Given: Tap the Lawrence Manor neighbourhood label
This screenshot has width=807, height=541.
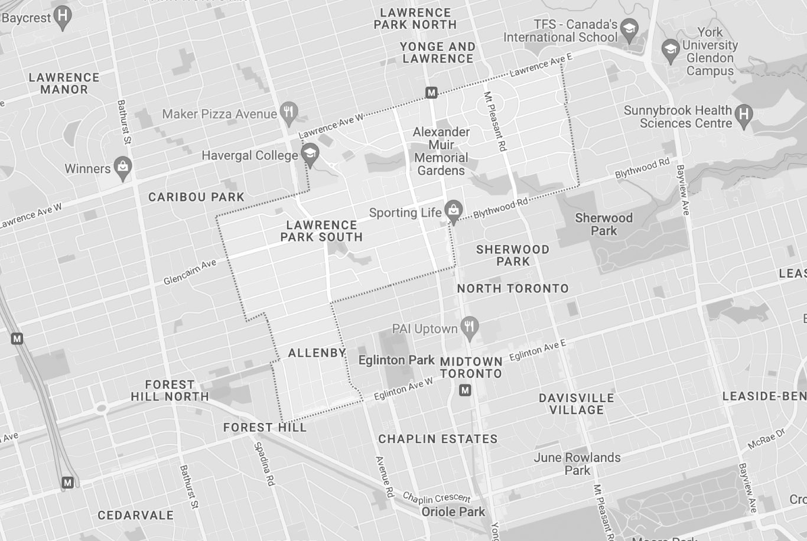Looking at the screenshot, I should point(64,83).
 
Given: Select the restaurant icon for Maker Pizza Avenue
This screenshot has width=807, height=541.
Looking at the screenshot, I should point(289,113).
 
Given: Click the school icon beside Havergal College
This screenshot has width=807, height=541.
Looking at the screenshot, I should point(310,155).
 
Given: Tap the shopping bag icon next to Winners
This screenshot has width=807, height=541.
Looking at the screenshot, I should point(123,168).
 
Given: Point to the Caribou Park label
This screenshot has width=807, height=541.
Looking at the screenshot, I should point(196,197).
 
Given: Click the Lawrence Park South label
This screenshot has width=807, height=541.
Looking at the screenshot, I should point(321,231).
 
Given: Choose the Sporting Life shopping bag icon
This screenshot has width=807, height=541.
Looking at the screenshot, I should point(454,211).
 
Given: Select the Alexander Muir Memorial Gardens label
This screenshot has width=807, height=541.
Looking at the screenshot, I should point(441,151).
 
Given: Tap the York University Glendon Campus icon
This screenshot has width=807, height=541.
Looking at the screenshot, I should point(671,50).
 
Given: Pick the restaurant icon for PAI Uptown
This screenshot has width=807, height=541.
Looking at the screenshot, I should point(470,328).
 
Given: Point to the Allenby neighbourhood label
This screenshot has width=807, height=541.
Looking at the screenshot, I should point(317,353).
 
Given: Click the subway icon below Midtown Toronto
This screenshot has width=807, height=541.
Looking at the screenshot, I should point(466,390).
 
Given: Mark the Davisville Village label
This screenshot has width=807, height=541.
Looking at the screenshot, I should point(576,404).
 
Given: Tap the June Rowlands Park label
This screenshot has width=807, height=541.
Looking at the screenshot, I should point(577,464).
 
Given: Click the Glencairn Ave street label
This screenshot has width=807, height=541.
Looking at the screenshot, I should point(190,272).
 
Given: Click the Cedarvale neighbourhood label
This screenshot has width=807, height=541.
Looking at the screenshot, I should point(135,515).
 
